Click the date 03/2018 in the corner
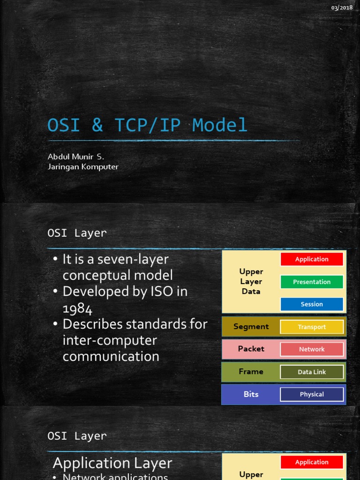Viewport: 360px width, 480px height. click(x=342, y=7)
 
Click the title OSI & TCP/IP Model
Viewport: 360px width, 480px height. click(x=147, y=125)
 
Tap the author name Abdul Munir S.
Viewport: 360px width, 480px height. click(x=76, y=157)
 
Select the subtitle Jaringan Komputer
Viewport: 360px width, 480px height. click(x=83, y=167)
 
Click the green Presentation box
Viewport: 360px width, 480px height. click(x=312, y=282)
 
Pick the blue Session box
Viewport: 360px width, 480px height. click(x=312, y=304)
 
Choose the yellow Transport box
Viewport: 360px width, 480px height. click(x=312, y=327)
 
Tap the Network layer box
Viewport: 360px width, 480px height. click(x=312, y=349)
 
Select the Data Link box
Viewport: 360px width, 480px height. click(x=312, y=372)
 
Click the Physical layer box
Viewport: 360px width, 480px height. click(x=312, y=394)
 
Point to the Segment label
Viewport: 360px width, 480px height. click(x=251, y=327)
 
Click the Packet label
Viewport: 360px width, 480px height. click(x=251, y=349)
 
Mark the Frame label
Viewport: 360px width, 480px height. click(x=251, y=372)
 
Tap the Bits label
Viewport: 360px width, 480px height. click(x=251, y=394)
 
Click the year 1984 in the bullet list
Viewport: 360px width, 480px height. click(x=77, y=308)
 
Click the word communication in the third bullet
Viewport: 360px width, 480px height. click(x=111, y=356)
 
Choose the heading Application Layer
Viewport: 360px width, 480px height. click(x=112, y=463)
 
